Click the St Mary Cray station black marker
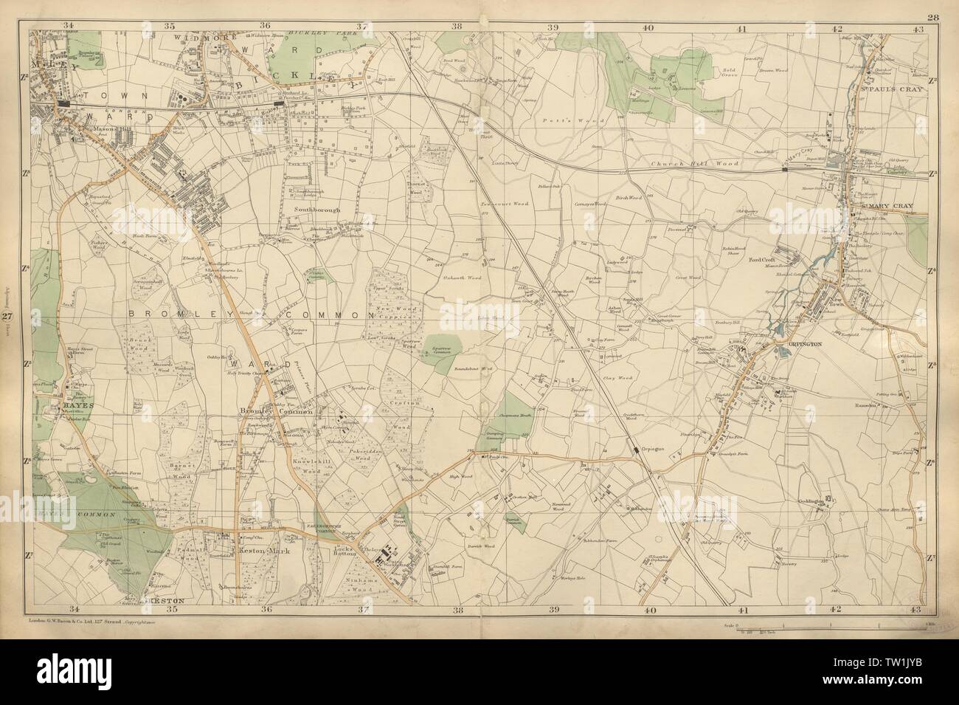pyautogui.click(x=785, y=169)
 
